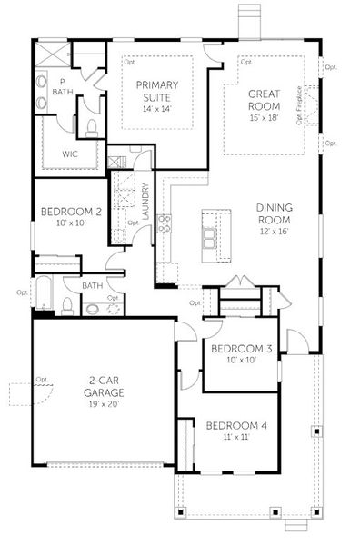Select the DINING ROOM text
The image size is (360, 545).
click(273, 213)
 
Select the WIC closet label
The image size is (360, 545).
click(69, 154)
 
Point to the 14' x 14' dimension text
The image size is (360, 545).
click(155, 109)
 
